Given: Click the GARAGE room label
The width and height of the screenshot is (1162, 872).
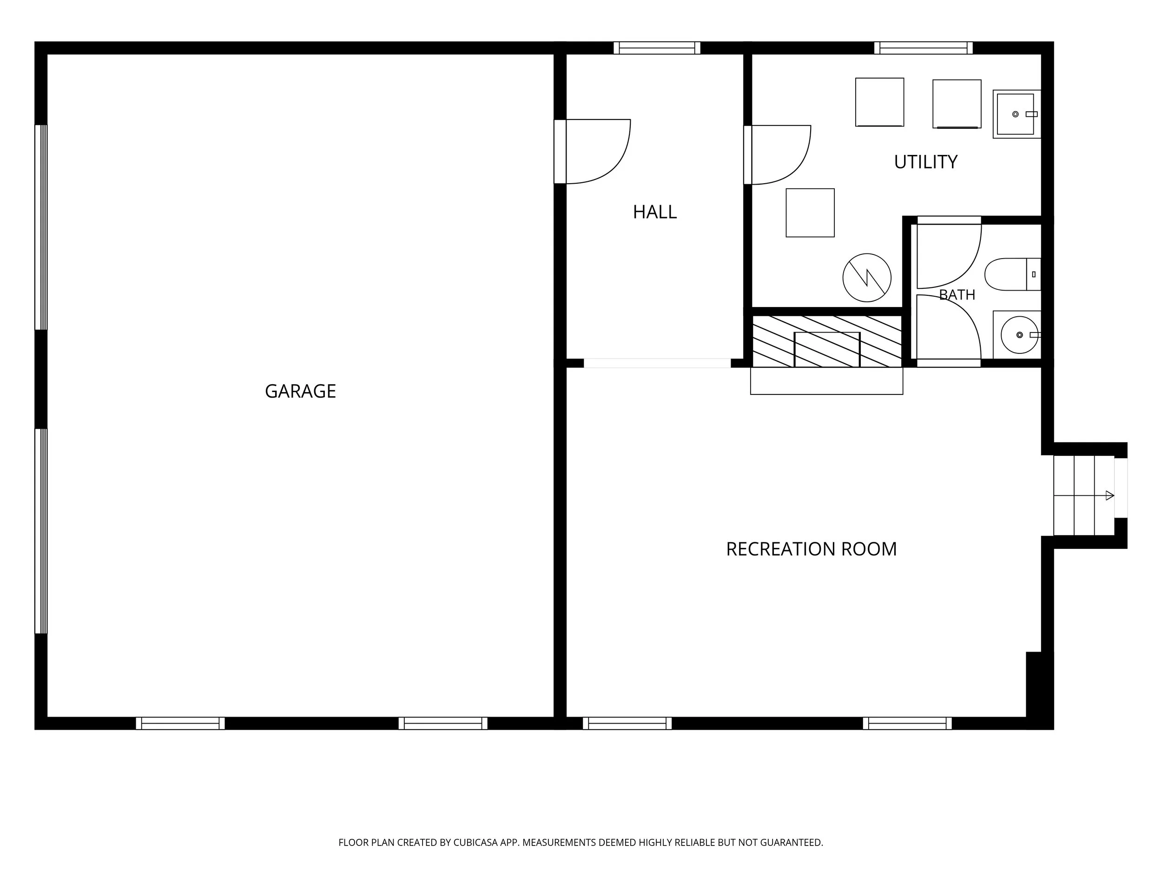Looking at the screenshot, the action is pos(300,391).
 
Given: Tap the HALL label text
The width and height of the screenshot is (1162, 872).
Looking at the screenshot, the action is pos(654,212).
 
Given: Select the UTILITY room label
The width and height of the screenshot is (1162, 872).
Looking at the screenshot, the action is pos(925,162).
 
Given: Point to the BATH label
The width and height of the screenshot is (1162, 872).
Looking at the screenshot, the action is pos(957,295).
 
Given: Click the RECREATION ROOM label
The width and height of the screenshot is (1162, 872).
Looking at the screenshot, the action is pos(811,549).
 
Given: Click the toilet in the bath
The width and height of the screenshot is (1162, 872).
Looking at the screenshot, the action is pos(1012,274).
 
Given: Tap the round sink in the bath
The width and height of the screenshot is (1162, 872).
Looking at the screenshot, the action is pos(1020,335).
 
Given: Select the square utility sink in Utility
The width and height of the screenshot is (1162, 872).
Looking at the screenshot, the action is pos(1017,114).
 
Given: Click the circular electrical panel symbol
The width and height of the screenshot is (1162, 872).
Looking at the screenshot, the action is pos(867,278).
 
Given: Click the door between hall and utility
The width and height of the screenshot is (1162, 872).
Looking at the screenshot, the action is pos(778,155).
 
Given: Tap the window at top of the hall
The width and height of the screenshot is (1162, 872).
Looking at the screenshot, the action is pos(657,48).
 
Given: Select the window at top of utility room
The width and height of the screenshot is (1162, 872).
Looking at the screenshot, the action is pos(924,48).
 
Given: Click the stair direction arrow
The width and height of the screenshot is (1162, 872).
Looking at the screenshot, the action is pos(1084,495).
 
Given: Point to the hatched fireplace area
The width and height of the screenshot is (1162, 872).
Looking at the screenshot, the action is pos(827,341).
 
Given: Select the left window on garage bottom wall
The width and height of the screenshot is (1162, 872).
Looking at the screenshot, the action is pos(180,723).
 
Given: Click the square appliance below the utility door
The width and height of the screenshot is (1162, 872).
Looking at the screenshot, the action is pos(810,213).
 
